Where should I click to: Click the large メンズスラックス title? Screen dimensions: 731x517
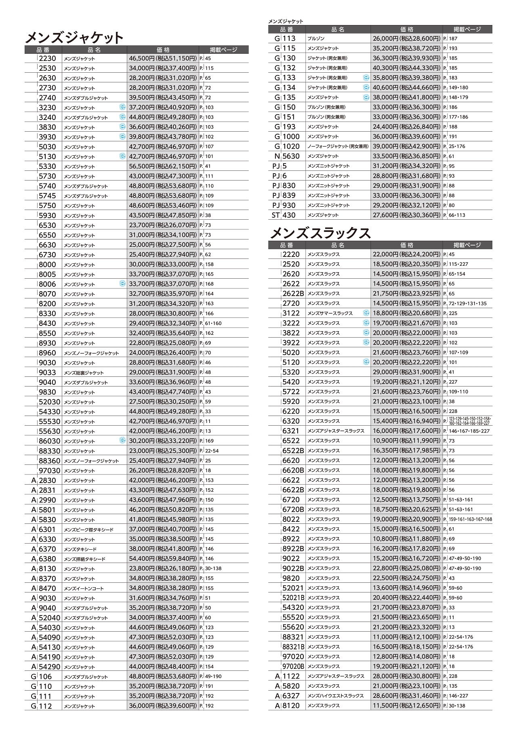320,233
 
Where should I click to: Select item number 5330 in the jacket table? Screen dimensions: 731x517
47,166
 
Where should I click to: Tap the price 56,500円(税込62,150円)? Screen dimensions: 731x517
163,166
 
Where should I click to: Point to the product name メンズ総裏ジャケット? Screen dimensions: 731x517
84,373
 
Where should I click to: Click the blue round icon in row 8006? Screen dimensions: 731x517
122,284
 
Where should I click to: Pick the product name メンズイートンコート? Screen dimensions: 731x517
84,588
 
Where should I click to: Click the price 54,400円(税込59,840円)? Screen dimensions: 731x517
163,559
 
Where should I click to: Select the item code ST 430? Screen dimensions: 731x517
284,215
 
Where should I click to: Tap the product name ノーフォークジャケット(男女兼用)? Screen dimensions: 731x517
338,147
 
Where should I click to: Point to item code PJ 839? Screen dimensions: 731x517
284,195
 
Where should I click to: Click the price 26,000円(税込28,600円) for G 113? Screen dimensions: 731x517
406,39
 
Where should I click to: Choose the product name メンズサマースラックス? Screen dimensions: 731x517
330,313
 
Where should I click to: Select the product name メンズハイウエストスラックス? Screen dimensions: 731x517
336,696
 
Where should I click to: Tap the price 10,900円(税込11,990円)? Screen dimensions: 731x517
406,441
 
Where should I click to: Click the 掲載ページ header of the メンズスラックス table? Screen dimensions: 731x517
467,245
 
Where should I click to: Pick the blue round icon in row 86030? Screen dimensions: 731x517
122,441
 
